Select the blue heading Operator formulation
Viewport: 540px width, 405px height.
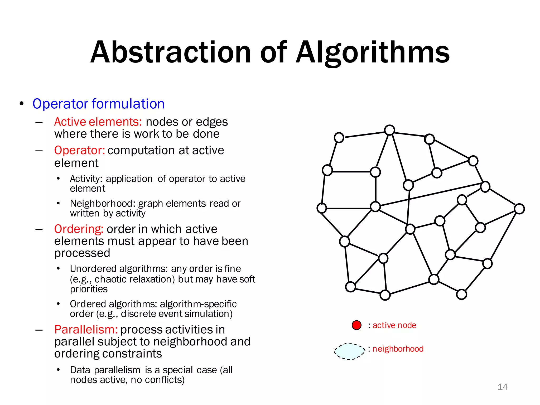click(98, 104)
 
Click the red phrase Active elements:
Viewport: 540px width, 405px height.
click(98, 122)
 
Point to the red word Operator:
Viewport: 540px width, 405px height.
click(79, 150)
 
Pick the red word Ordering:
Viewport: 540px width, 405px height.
click(79, 229)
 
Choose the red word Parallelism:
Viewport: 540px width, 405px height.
click(86, 329)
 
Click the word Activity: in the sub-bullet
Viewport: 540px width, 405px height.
click(86, 179)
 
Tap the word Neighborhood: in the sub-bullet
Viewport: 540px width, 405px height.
click(103, 204)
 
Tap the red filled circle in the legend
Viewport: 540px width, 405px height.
click(356, 325)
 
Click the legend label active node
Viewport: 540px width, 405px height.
click(394, 325)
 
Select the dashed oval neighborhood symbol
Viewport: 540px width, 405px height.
click(350, 351)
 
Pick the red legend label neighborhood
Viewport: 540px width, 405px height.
click(398, 349)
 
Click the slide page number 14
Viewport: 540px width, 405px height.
click(502, 387)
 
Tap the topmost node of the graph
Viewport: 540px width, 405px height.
click(389, 130)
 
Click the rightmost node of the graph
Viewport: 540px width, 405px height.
click(519, 209)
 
